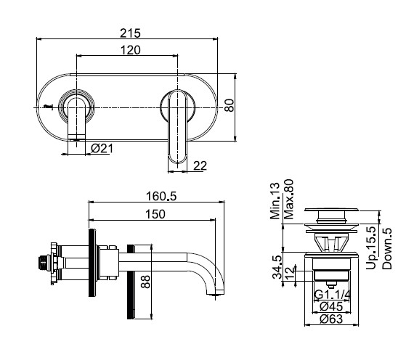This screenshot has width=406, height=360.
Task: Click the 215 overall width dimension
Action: click(x=130, y=33)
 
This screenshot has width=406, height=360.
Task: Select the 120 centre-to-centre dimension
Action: click(x=131, y=50)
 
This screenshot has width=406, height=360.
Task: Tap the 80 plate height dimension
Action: click(x=230, y=105)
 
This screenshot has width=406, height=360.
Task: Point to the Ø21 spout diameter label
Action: click(x=102, y=149)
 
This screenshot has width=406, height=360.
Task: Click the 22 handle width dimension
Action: click(x=200, y=166)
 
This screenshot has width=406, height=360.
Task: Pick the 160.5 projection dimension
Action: click(x=161, y=196)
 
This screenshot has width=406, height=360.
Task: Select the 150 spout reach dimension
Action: click(x=155, y=214)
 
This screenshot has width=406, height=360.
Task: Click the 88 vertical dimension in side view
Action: click(x=145, y=282)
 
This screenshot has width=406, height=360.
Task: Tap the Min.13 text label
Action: click(x=275, y=201)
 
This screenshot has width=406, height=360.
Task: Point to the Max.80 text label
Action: click(x=289, y=200)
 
